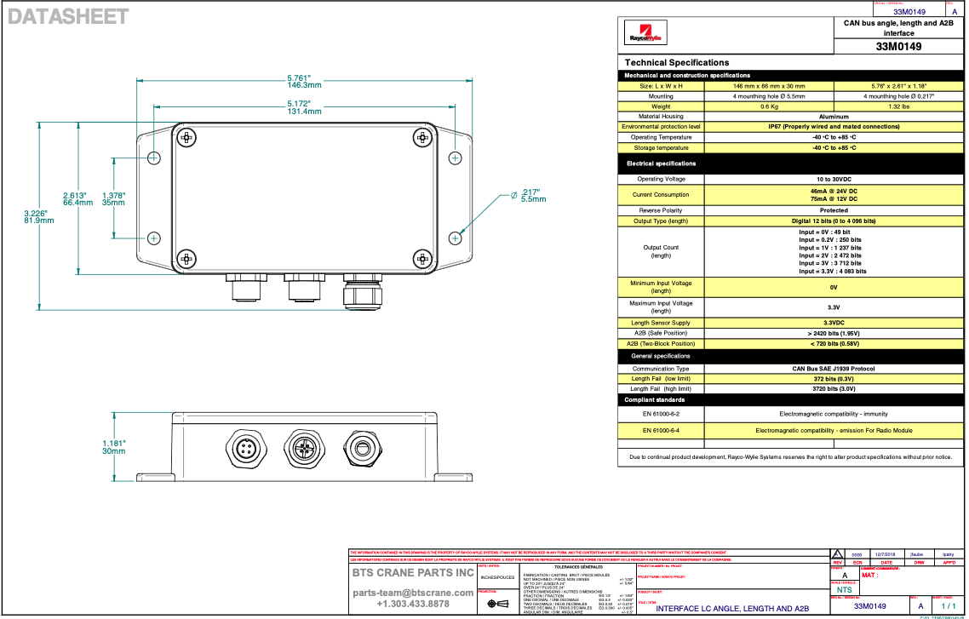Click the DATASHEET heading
point(69,16)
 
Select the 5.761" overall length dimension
point(304,82)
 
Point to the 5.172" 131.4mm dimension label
point(304,108)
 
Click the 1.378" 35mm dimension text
point(113,199)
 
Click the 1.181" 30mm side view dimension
point(113,447)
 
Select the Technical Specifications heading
point(677,62)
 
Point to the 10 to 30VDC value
point(833,179)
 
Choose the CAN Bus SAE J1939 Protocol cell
point(833,369)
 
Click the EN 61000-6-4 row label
point(661,431)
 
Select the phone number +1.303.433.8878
point(413,604)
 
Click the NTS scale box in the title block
point(843,589)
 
